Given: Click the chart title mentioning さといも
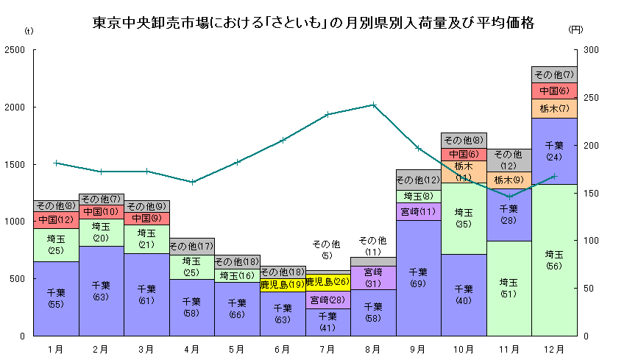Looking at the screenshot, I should tap(313, 23).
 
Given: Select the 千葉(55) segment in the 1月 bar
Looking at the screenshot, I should tap(56, 298).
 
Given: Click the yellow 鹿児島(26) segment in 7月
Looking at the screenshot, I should tap(327, 282).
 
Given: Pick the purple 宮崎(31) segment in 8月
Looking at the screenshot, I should tap(373, 278).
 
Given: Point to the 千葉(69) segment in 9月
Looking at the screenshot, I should tap(418, 278).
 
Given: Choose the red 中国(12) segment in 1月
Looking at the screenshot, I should tap(56, 220).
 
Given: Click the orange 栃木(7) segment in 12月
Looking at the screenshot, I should tap(554, 108).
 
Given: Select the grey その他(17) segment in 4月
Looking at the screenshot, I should tap(191, 246).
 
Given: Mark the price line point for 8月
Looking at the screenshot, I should tap(373, 105).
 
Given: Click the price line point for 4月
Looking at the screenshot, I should tap(191, 182).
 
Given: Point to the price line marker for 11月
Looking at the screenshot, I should tap(509, 196).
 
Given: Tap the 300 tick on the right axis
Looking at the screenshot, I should tap(592, 50).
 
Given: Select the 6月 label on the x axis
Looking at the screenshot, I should tap(283, 347).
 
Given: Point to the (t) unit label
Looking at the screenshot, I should tap(29, 30).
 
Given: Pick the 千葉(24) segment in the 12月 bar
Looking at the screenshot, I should tap(554, 151).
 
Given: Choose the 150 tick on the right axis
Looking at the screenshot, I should tap(592, 193).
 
